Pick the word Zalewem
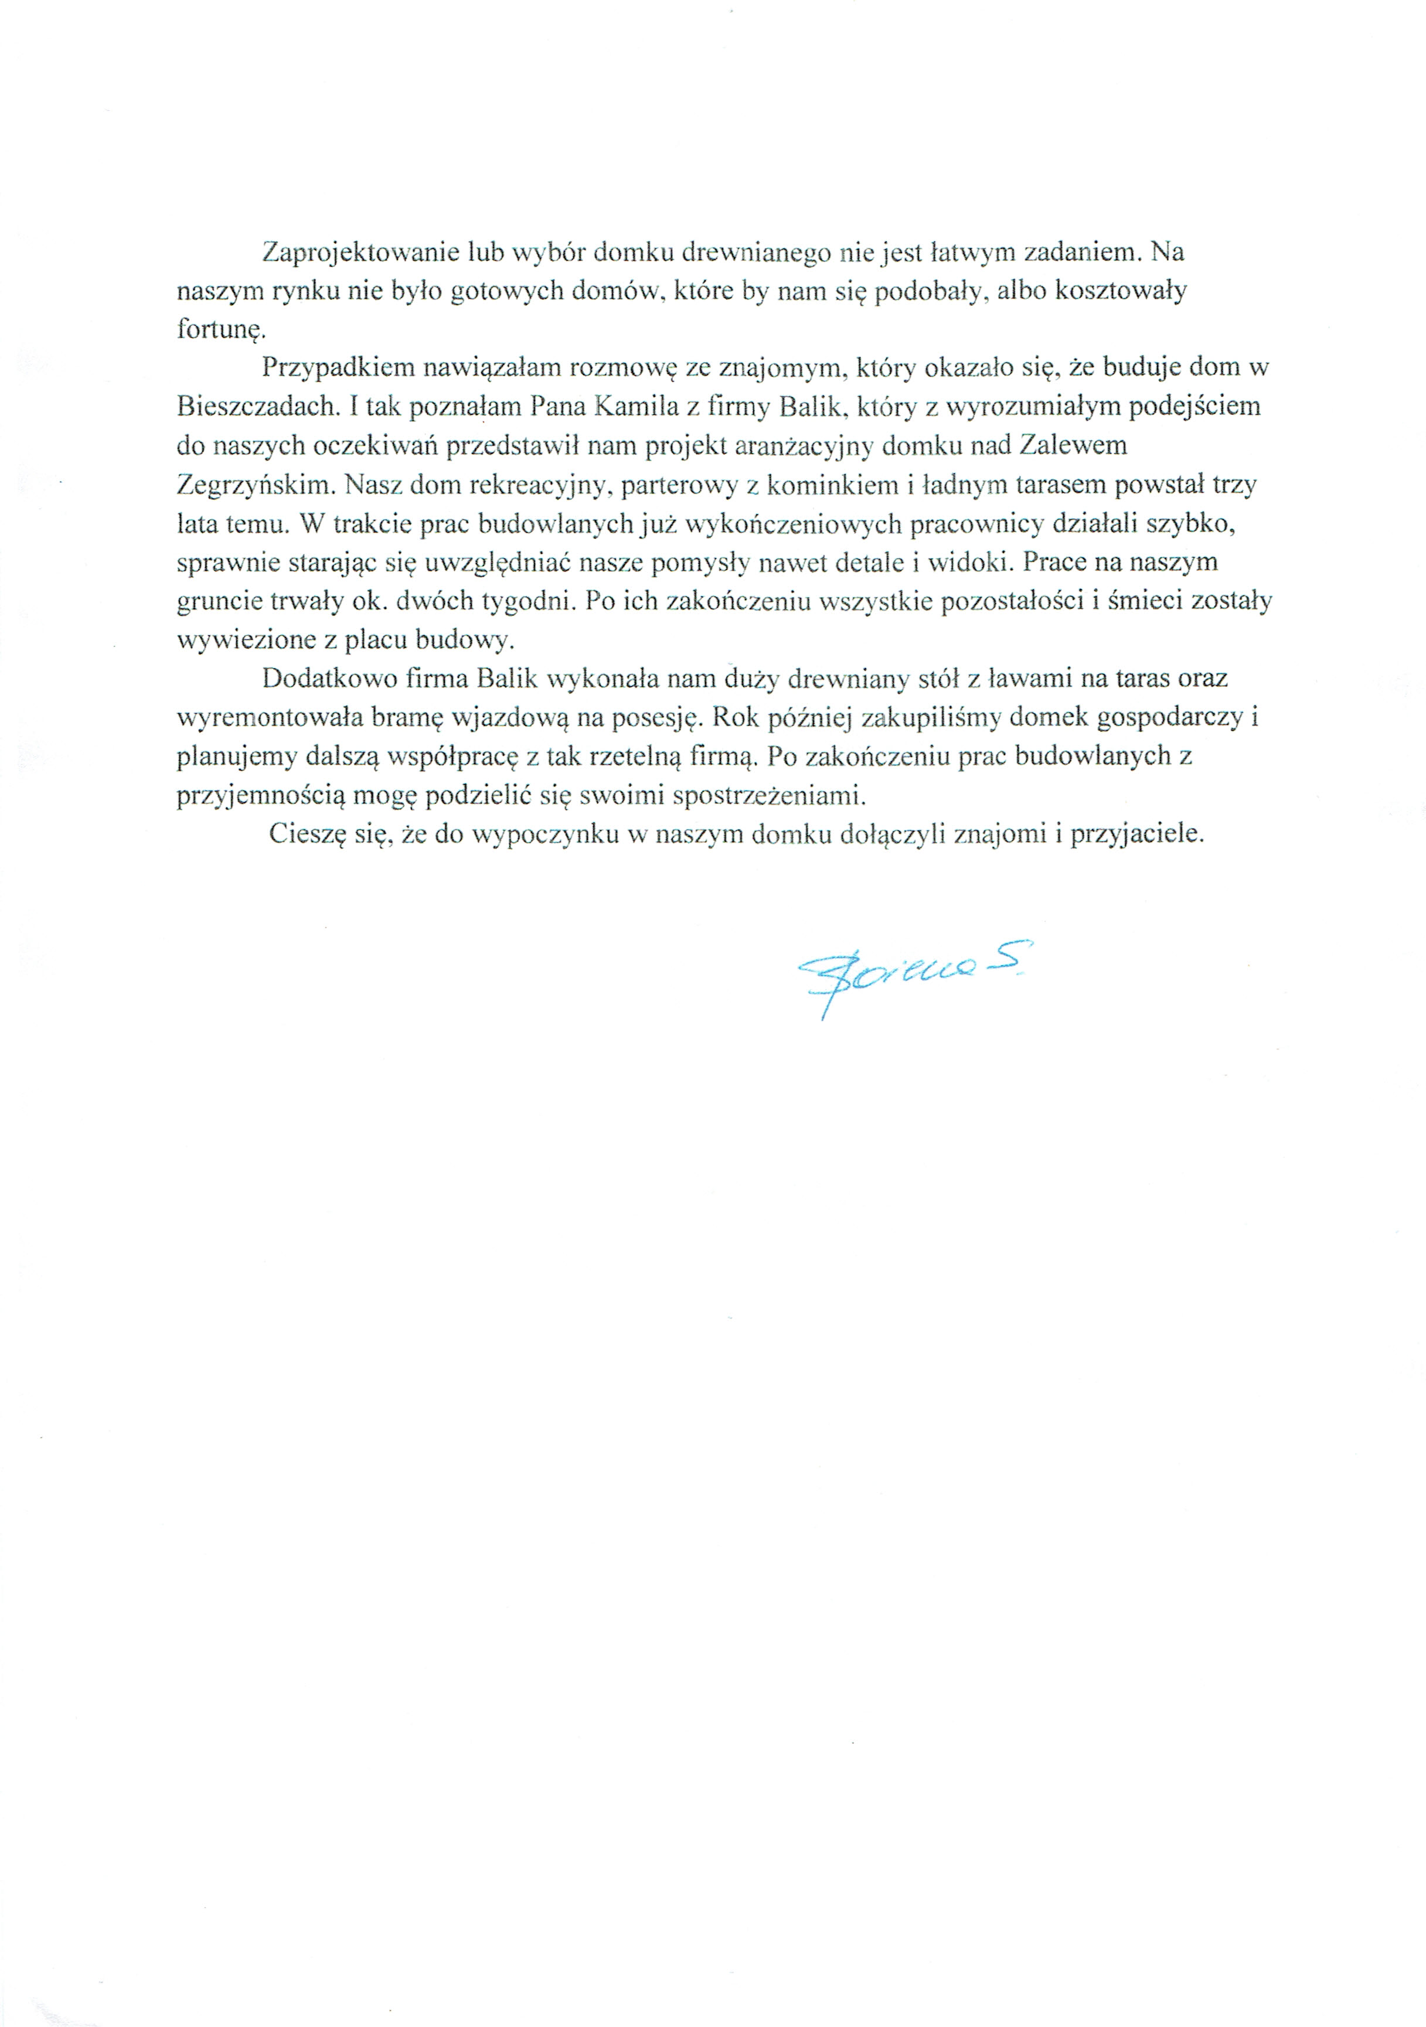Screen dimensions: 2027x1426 (1073, 446)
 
